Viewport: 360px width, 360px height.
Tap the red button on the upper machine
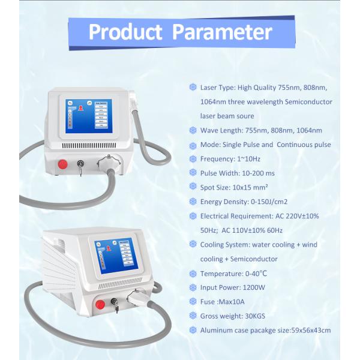pos(61,163)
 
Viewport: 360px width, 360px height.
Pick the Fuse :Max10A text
pos(223,302)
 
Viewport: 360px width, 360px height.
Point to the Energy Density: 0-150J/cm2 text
pos(245,202)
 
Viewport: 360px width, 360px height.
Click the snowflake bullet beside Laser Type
pos(193,87)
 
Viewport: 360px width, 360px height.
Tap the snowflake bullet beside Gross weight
pos(193,316)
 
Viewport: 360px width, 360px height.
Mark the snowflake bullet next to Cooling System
pos(193,245)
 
